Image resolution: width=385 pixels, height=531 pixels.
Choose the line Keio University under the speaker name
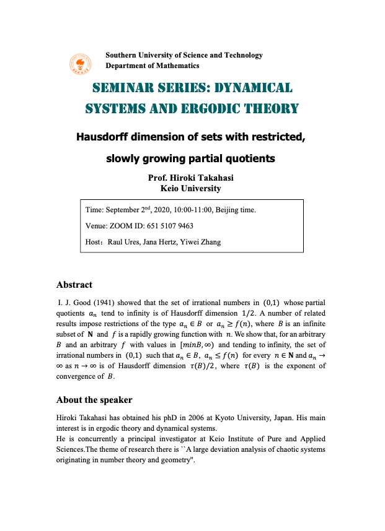190,189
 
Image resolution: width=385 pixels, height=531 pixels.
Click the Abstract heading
74,285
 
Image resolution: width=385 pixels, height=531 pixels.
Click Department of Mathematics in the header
153,66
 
